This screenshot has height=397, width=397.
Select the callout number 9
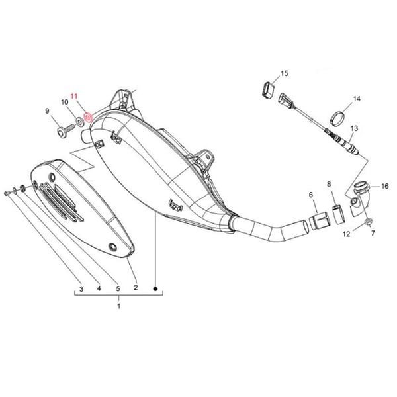coord(48,110)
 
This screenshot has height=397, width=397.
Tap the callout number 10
coord(65,102)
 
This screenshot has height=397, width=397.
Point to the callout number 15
coord(285,73)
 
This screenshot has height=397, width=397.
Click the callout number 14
coord(357,99)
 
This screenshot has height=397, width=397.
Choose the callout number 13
coord(354,128)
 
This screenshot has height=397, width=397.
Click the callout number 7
coord(373,234)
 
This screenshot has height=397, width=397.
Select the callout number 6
coord(310,195)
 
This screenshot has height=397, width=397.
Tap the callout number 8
coord(328,183)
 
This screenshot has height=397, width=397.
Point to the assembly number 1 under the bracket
coord(119,306)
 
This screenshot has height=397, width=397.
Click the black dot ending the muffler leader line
coord(155,288)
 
